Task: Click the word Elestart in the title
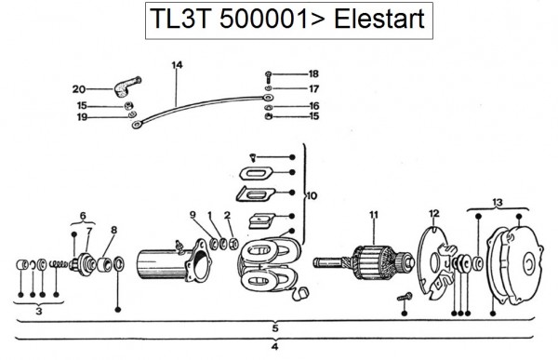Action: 379,19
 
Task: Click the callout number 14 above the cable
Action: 177,65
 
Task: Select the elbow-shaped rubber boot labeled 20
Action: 127,87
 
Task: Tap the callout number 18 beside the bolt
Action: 313,73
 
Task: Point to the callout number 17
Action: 313,88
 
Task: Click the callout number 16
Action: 314,106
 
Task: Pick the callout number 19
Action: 82,117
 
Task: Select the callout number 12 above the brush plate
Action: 433,214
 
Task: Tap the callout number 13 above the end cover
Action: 498,202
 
